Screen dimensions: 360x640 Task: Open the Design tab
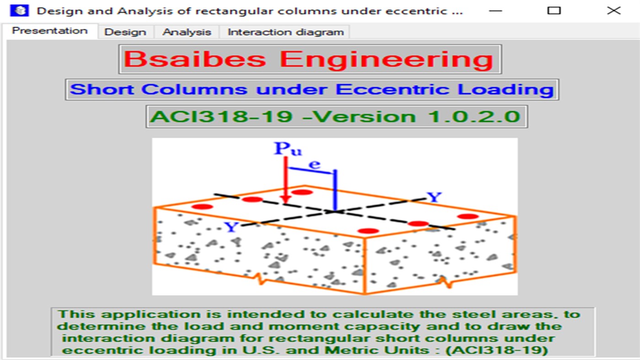(125, 32)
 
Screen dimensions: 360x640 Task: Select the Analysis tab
(187, 32)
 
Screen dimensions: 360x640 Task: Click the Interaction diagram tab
(285, 32)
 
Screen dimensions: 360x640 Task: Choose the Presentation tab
(49, 31)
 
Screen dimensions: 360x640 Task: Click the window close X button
(613, 11)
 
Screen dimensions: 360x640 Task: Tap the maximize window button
(554, 11)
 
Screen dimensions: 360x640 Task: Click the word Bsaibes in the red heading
(194, 59)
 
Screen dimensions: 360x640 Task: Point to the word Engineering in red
(387, 59)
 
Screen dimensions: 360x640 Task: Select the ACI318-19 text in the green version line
(221, 117)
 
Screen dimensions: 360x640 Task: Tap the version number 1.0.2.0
(473, 117)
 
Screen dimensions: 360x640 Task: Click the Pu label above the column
(287, 149)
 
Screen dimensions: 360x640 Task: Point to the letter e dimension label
(315, 165)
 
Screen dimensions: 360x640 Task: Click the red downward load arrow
(285, 183)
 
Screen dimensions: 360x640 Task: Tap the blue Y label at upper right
(434, 198)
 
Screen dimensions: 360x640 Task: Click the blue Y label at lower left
(231, 226)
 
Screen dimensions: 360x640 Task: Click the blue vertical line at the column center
(335, 190)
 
